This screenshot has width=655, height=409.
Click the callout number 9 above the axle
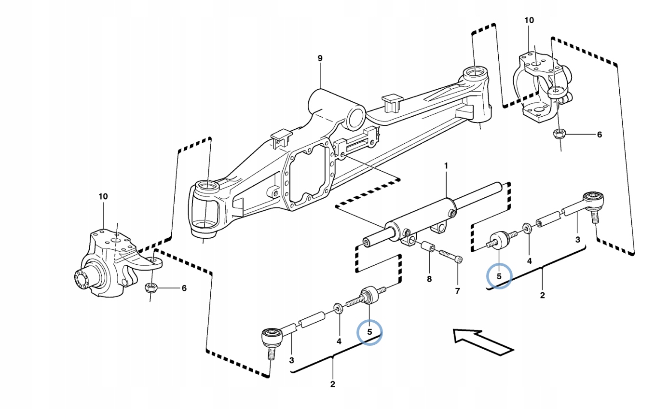point(320,58)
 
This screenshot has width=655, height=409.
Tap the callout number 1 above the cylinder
point(446,166)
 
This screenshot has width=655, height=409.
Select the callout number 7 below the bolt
point(457,291)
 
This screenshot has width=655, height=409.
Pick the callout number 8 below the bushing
point(429,279)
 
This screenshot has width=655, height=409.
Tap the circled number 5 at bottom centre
point(369,332)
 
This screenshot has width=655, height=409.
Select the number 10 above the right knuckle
point(529,20)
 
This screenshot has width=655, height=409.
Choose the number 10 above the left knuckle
point(103,197)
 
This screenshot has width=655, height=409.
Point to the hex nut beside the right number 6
point(559,134)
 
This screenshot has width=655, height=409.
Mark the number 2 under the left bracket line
point(333,384)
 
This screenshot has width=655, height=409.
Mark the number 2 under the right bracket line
point(542,295)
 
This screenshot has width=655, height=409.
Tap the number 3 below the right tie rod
point(578,239)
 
